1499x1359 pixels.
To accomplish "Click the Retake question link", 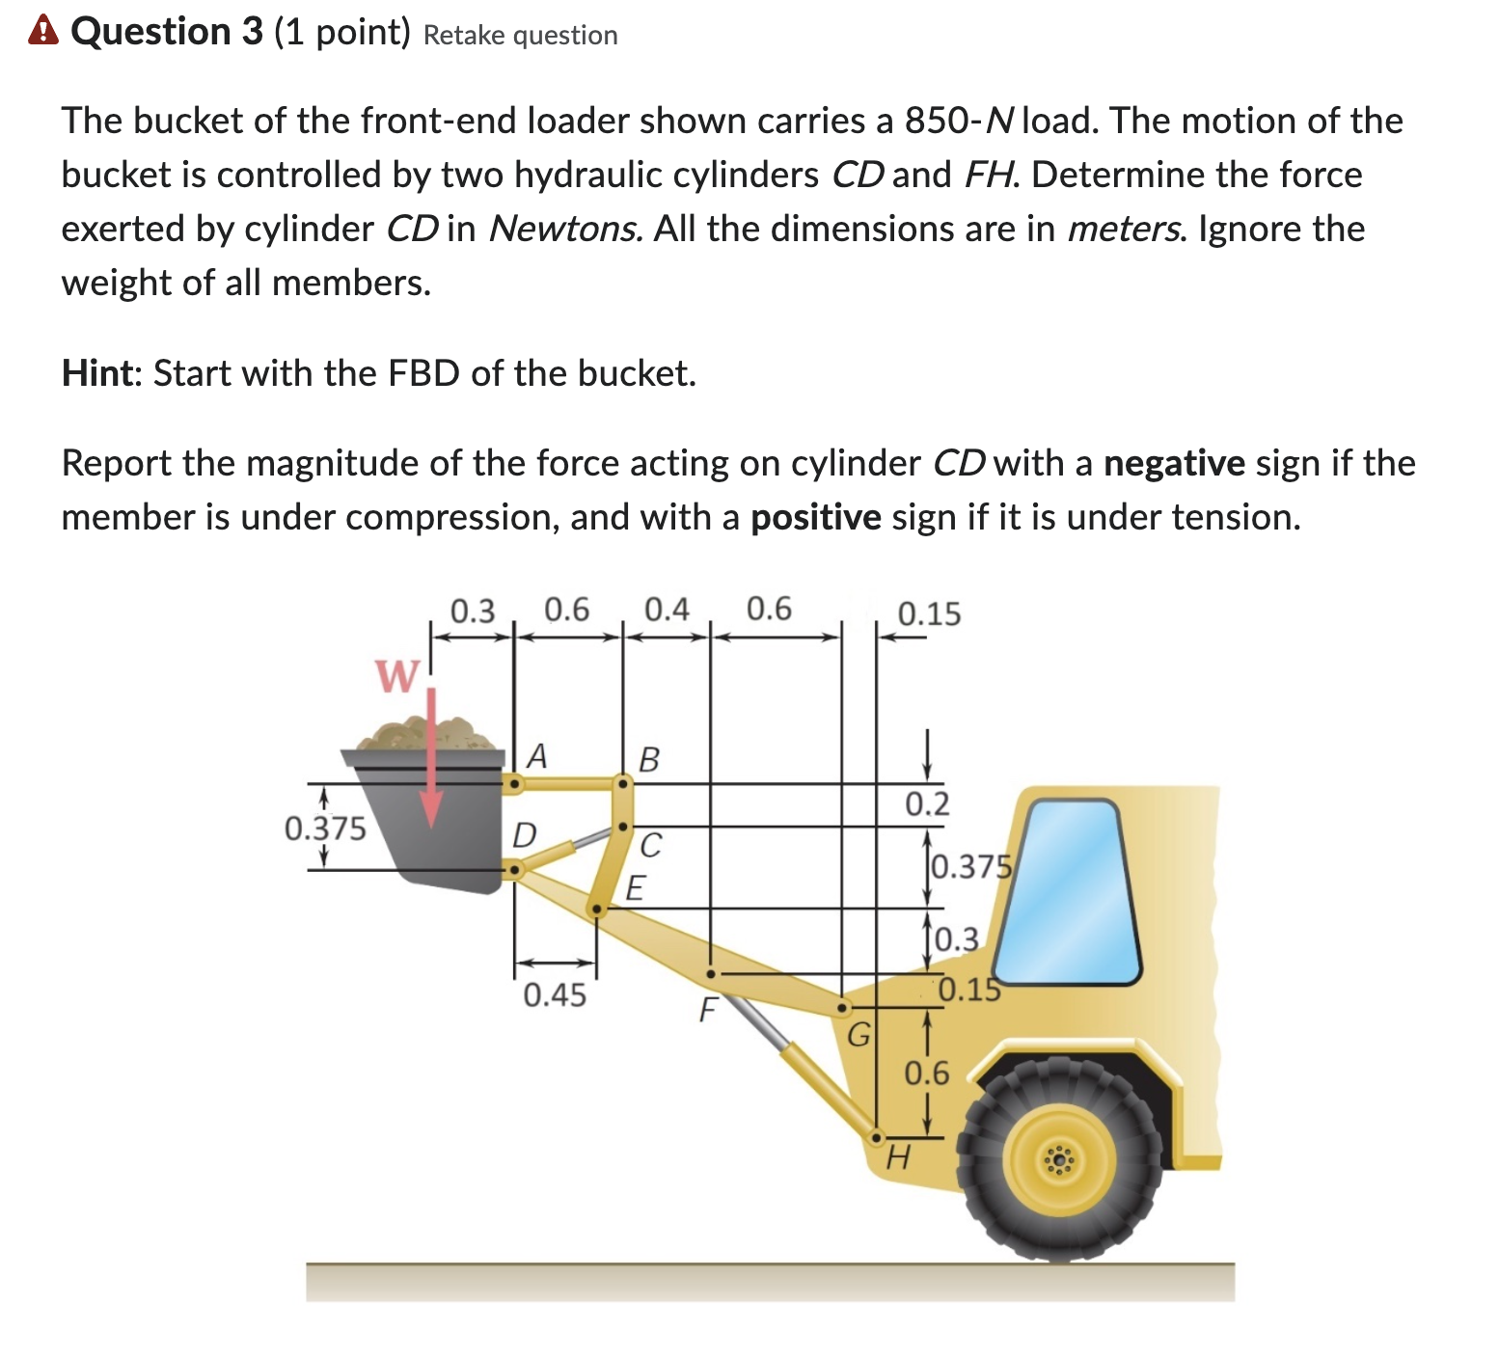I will [x=520, y=36].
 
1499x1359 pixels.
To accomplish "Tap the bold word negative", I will [x=1174, y=464].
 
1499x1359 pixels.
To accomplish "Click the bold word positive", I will [x=815, y=518].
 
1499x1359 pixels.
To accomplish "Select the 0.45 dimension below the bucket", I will [x=555, y=994].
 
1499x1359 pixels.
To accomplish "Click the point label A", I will [x=536, y=756].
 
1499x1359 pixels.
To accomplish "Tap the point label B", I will [x=649, y=759].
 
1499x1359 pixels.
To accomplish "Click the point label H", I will [x=897, y=1155].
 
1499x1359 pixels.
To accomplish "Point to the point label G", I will [x=858, y=1036].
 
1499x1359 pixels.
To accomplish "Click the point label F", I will [x=708, y=1011].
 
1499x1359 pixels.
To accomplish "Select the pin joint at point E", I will [x=597, y=909].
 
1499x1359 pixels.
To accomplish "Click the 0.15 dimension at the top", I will [x=929, y=614].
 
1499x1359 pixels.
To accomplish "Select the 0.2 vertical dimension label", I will [x=927, y=803].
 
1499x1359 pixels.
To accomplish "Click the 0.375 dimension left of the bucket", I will [x=325, y=829].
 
